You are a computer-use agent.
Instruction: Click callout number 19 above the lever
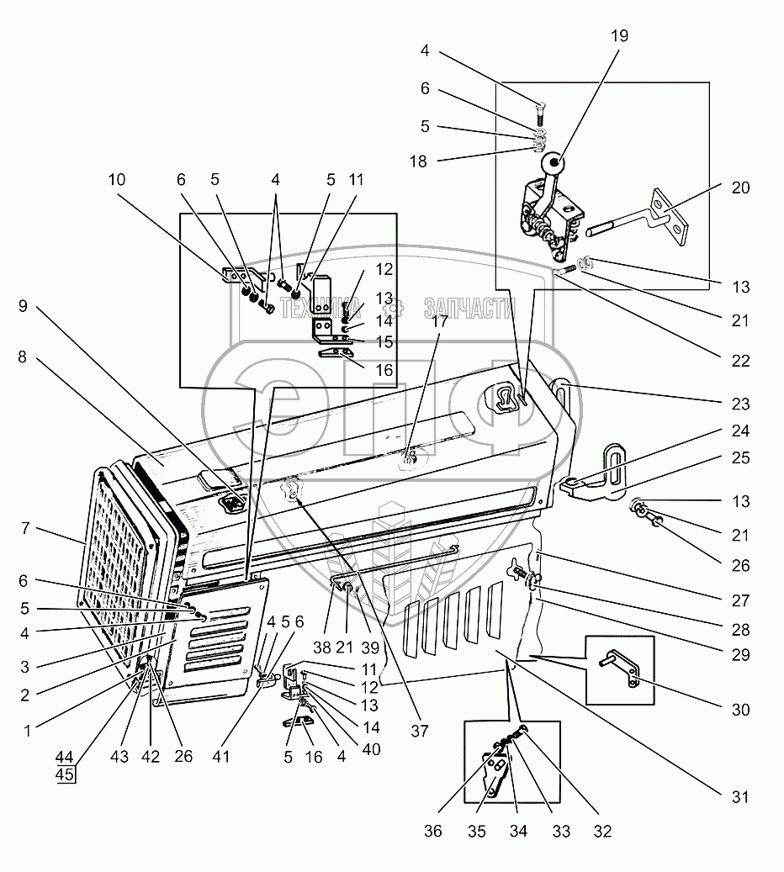pos(621,36)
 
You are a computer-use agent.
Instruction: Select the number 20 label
pos(739,188)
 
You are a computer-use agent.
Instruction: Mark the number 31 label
pos(739,795)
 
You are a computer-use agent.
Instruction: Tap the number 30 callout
pos(739,710)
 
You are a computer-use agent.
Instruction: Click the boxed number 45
pos(65,774)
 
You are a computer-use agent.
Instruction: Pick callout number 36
pos(433,832)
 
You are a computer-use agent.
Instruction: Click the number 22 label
pos(739,362)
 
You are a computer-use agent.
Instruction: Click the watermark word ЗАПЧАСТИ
pos(469,309)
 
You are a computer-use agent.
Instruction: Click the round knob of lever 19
pos(552,162)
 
